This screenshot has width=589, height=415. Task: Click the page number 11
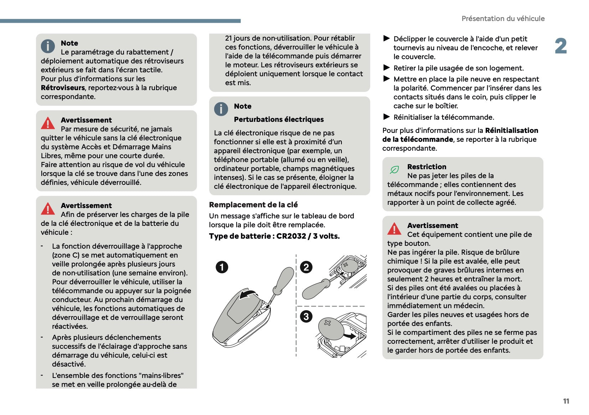coord(566,401)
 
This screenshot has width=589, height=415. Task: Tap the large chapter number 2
coord(560,46)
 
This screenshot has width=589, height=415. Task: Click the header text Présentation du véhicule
coord(503,19)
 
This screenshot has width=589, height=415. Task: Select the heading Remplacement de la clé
coord(253,205)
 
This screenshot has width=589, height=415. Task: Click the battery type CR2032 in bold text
coord(291,236)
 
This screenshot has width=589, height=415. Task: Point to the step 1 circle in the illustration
coord(222,267)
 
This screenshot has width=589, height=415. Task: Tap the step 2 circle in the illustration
coord(306,267)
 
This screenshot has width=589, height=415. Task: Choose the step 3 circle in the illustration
coord(306,316)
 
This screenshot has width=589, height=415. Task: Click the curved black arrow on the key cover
coord(248,295)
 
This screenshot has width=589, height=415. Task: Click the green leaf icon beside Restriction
coord(394,170)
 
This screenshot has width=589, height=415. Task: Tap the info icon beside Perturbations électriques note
coord(221,109)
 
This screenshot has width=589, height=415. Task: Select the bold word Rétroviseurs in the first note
coord(63,88)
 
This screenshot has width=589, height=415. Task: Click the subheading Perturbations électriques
coord(279,120)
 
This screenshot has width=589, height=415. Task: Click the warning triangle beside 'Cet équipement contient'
coord(394,229)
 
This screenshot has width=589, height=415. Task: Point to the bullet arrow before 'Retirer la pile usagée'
coord(387,68)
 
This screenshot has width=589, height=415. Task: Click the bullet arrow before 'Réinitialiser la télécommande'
coord(387,117)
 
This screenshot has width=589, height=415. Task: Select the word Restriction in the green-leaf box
coord(427,167)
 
